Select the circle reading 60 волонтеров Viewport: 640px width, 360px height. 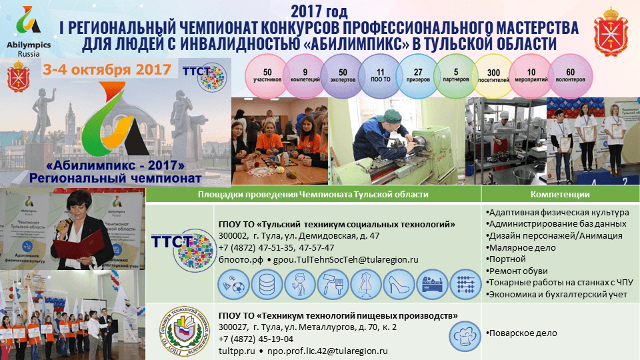click(570, 75)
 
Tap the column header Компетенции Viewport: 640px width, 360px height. click(559, 194)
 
